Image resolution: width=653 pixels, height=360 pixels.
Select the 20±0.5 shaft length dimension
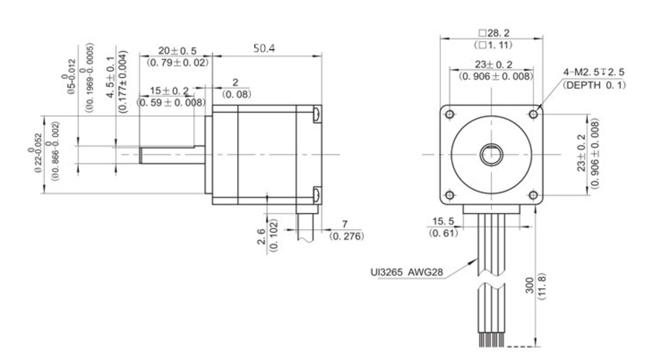pyautogui.click(x=177, y=51)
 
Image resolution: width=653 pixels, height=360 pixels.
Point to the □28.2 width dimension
pyautogui.click(x=493, y=33)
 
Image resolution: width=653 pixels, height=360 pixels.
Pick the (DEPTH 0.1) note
pyautogui.click(x=594, y=85)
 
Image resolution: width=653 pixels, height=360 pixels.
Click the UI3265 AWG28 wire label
pyautogui.click(x=407, y=272)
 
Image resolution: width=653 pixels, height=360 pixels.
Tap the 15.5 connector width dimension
pyautogui.click(x=443, y=221)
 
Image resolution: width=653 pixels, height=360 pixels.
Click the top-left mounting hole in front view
pyautogui.click(x=449, y=114)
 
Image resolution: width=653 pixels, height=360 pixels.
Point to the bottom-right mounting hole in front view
pyautogui.click(x=533, y=195)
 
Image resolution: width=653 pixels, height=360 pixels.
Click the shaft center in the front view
pyautogui.click(x=491, y=155)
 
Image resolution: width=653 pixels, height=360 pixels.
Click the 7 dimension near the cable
pyautogui.click(x=345, y=224)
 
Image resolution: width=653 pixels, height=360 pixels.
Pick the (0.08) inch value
pyautogui.click(x=236, y=94)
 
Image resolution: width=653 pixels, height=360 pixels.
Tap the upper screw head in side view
pyautogui.click(x=316, y=114)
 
